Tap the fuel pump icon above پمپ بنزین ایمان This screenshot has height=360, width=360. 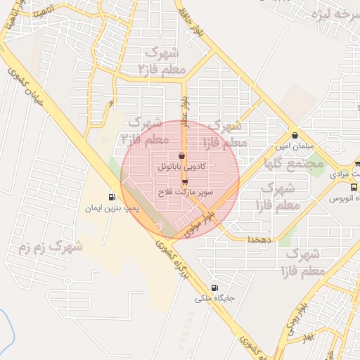112,197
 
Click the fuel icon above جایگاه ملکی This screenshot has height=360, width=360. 214,287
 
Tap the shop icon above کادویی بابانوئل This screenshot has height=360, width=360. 183,156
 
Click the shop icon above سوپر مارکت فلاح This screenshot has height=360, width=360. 185,181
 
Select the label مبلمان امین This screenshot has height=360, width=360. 294,146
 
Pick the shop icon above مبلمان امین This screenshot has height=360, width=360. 294,135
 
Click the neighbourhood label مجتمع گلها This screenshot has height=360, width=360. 293,162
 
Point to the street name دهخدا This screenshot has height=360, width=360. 259,239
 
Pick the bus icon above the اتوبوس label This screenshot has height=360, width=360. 353,188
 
